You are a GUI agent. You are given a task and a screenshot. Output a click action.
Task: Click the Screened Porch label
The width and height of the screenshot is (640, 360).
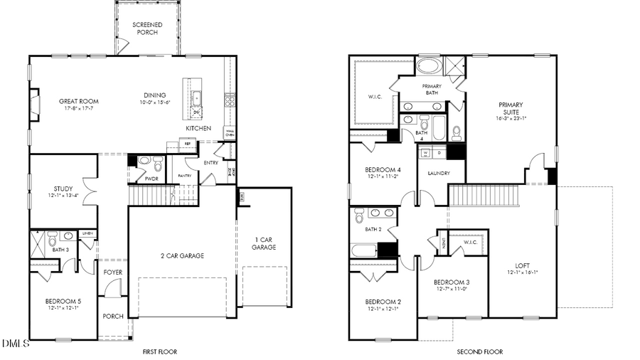(x=148, y=28)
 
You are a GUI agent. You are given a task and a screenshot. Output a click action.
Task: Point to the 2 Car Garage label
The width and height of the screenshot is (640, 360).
(x=181, y=255)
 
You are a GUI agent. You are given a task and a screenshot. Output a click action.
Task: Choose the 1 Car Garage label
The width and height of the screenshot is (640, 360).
(x=263, y=243)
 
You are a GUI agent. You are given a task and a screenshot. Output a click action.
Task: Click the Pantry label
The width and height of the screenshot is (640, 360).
(x=185, y=175)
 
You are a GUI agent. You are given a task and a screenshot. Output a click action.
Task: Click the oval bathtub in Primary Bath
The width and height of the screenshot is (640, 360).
(x=428, y=66)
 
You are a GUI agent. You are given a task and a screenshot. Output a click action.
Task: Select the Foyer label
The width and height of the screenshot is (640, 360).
(x=113, y=272)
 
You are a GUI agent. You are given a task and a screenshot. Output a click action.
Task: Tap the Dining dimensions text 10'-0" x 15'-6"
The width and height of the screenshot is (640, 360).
(x=154, y=103)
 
